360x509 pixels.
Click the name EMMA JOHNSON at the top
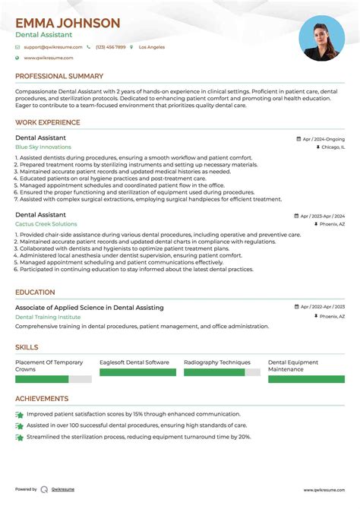[x=68, y=23]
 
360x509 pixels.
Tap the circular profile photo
[x=322, y=38]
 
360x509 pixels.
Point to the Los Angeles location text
[x=151, y=47]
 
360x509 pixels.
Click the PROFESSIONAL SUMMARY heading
[x=59, y=76]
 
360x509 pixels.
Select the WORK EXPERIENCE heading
[x=47, y=122]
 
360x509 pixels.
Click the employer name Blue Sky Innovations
[x=43, y=147]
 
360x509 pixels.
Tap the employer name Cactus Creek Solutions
[x=46, y=224]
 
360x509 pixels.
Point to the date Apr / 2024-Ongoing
[x=323, y=139]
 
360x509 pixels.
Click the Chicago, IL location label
[x=331, y=147]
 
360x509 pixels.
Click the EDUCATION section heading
[x=35, y=292]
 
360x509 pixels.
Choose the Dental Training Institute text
[x=48, y=316]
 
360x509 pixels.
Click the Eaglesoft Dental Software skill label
[x=134, y=362]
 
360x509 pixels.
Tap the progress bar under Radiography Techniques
[x=222, y=372]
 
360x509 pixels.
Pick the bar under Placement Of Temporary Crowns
[x=53, y=378]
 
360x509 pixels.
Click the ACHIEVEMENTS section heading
[x=42, y=398]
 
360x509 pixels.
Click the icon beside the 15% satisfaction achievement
[x=19, y=415]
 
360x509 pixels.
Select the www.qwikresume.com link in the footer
[x=324, y=489]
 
